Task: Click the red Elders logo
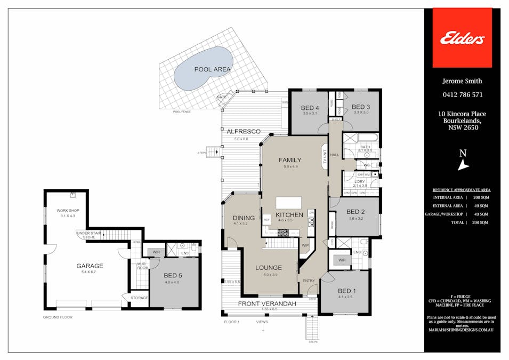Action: coord(462,38)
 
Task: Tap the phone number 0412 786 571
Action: coord(462,95)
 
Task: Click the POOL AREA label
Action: coord(213,69)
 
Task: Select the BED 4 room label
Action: coord(310,107)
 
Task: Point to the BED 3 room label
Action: coord(361,107)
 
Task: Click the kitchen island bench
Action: coord(288,203)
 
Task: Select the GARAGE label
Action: coord(89,266)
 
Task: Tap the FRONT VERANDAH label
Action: coord(267,303)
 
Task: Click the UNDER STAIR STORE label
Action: coord(86,235)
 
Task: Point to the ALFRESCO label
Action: coord(243,131)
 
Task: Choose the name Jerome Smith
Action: coord(462,81)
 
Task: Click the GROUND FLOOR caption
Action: coord(58,317)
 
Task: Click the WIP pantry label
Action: coord(305,246)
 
